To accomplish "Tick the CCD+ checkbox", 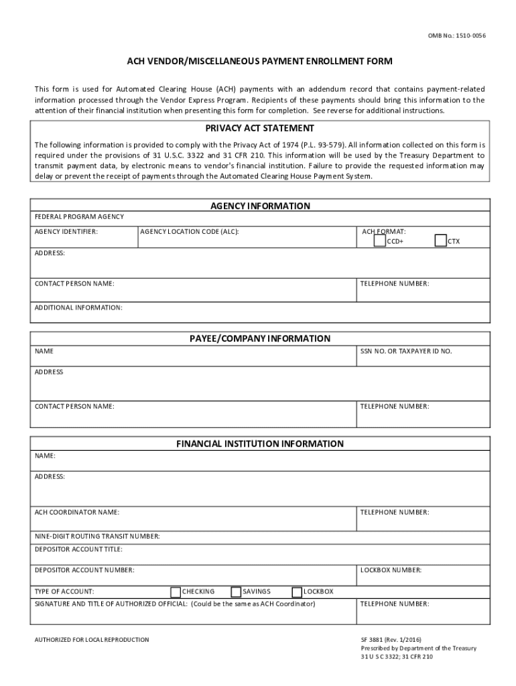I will pyautogui.click(x=380, y=241).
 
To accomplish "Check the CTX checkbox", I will pyautogui.click(x=441, y=241).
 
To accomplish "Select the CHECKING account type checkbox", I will pyautogui.click(x=176, y=592).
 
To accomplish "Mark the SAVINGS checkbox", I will pyautogui.click(x=236, y=592).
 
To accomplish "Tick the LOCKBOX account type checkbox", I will pyautogui.click(x=298, y=592).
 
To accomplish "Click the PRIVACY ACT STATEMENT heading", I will pyautogui.click(x=260, y=128).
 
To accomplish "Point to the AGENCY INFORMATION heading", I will pyautogui.click(x=260, y=206).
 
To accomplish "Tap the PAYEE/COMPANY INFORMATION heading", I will pyautogui.click(x=260, y=338).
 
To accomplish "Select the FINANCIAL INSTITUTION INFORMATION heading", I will pyautogui.click(x=260, y=443).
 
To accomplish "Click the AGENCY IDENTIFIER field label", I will pyautogui.click(x=66, y=231).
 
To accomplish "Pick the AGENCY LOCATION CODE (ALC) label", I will pyautogui.click(x=190, y=231).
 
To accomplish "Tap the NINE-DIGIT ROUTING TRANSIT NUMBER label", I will pyautogui.click(x=97, y=536).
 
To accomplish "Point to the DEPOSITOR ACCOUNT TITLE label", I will pyautogui.click(x=78, y=549).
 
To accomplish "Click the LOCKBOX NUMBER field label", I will pyautogui.click(x=391, y=570).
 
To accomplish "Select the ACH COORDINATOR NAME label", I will pyautogui.click(x=77, y=512).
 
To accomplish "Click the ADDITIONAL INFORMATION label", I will pyautogui.click(x=78, y=307).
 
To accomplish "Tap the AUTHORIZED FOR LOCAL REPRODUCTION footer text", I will pyautogui.click(x=92, y=640).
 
